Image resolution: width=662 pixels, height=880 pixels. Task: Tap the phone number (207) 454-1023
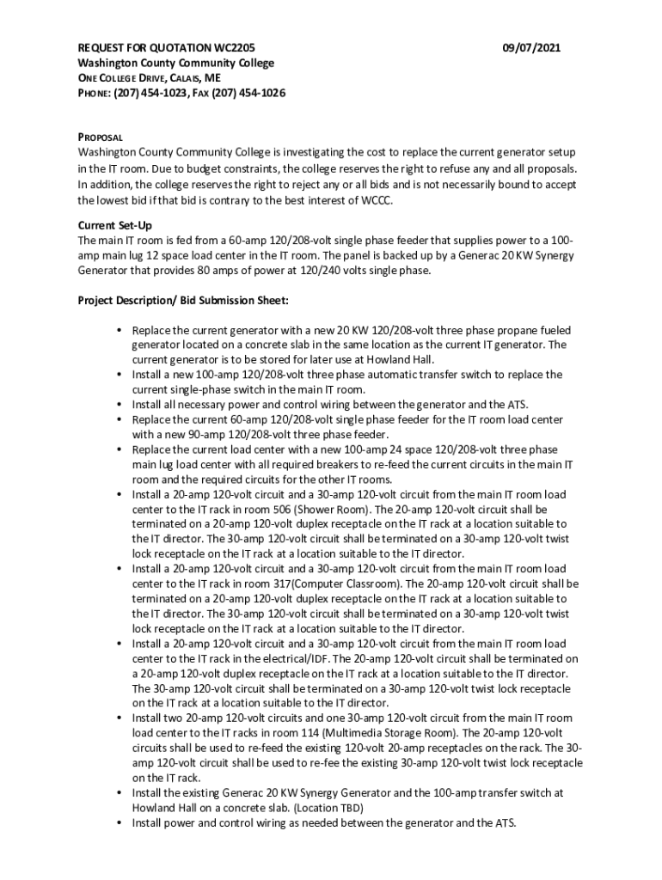coord(148,93)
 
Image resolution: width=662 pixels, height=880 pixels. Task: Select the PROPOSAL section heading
coord(101,137)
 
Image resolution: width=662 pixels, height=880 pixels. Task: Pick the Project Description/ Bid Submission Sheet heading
coord(183,301)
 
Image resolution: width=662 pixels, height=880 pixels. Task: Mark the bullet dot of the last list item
coord(118,823)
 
